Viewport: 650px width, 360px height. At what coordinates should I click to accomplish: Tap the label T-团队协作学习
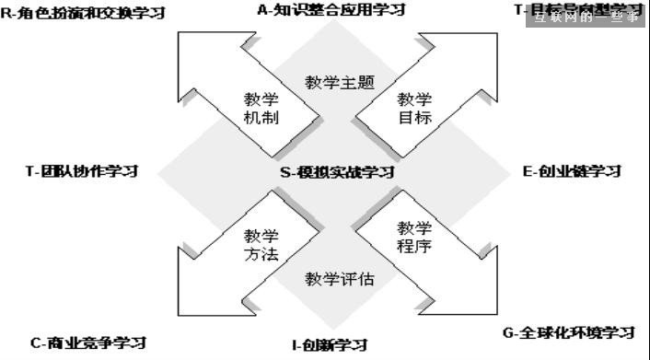click(x=82, y=171)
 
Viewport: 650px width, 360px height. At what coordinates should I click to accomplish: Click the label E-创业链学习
click(x=572, y=171)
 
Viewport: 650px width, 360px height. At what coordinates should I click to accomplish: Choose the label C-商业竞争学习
click(x=87, y=343)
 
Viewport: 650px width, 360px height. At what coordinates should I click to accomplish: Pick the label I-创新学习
click(x=330, y=345)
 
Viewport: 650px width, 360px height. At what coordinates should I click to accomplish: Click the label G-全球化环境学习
click(x=569, y=332)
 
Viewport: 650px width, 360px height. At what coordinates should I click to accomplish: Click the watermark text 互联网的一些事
click(x=586, y=17)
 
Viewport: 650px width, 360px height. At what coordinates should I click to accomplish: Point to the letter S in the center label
click(x=285, y=171)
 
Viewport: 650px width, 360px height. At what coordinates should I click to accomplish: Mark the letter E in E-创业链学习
click(x=528, y=171)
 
